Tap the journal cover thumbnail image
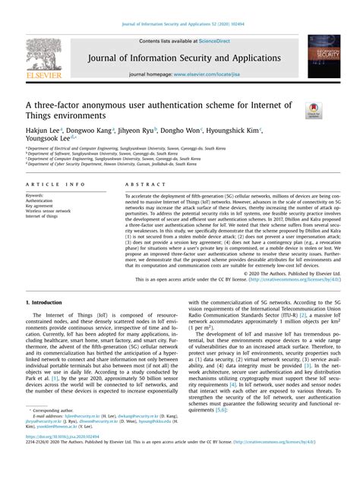[323, 58]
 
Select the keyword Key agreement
[39, 206]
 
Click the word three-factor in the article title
[59, 105]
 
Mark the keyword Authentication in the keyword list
[39, 200]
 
